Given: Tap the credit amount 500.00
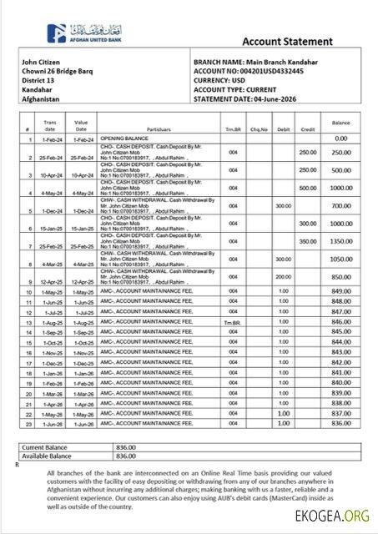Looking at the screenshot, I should [x=308, y=188].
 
